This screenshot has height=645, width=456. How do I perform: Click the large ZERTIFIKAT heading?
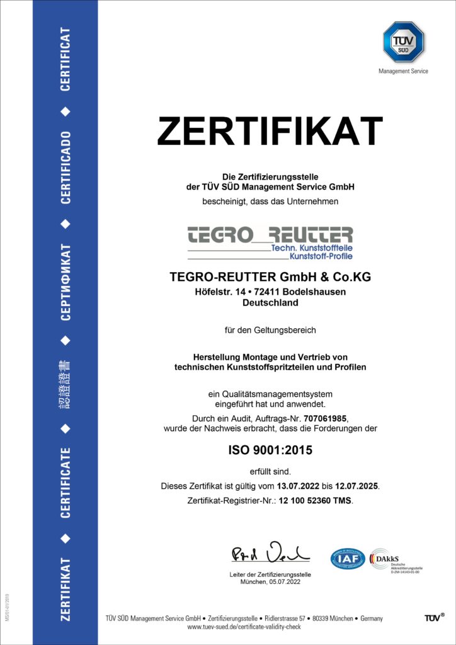point(270,132)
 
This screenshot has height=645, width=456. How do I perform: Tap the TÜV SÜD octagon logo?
point(404,42)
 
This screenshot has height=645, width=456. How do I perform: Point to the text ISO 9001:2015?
point(270,450)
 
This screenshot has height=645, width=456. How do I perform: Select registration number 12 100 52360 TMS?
point(307,501)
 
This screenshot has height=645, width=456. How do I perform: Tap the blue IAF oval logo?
point(348,558)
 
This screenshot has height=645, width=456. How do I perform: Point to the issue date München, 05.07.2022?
point(270,583)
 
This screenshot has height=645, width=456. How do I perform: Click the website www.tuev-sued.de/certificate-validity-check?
point(244,627)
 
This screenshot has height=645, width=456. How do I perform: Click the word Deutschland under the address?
point(270,302)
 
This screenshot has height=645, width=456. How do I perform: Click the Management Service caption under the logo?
point(403,71)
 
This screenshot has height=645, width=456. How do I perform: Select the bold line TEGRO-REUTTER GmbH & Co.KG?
point(270,277)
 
